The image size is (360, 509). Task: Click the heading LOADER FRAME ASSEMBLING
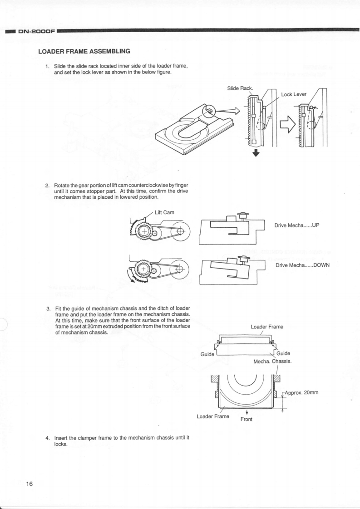(x=84, y=51)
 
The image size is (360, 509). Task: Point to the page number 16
(x=30, y=484)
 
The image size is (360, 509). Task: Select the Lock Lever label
(x=294, y=94)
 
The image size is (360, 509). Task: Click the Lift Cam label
(x=165, y=212)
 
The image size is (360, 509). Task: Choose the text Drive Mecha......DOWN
(x=302, y=265)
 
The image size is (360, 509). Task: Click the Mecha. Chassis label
(x=272, y=362)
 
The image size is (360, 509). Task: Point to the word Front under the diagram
(x=247, y=419)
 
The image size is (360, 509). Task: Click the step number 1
(x=47, y=66)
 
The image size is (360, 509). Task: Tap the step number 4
(x=47, y=438)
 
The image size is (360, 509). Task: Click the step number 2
(x=47, y=186)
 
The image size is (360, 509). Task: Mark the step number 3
(x=47, y=309)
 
